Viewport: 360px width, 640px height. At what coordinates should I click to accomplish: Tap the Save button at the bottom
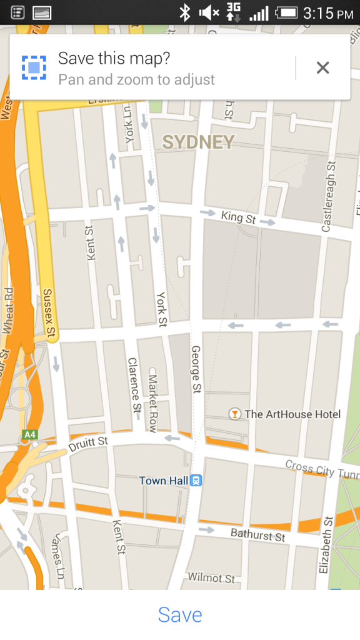[x=180, y=614]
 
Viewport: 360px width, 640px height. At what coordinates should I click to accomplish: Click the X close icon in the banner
[x=322, y=67]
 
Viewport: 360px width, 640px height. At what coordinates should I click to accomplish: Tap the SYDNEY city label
[x=198, y=142]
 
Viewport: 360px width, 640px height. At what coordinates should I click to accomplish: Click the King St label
[x=238, y=218]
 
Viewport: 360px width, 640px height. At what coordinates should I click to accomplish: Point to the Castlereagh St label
[x=328, y=196]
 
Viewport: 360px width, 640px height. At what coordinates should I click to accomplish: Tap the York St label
[x=162, y=309]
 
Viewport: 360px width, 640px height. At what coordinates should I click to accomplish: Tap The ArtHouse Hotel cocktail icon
[x=234, y=414]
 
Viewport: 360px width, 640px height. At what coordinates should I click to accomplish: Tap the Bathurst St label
[x=257, y=535]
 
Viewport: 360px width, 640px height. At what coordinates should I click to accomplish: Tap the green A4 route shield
[x=29, y=434]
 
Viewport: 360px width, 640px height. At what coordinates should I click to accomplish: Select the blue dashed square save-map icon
[x=34, y=67]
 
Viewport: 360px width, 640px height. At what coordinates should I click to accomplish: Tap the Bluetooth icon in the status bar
[x=185, y=12]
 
